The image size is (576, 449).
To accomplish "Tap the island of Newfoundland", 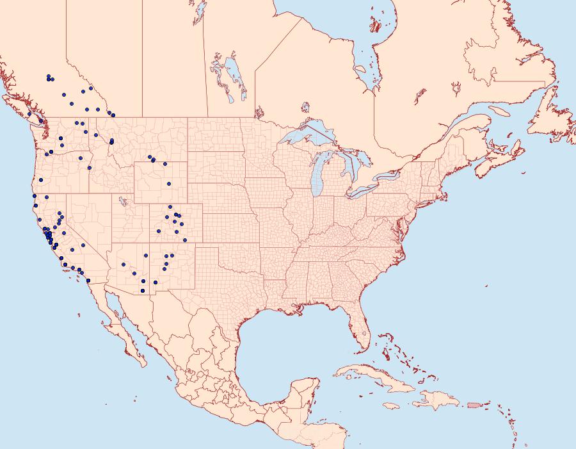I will click(x=550, y=115).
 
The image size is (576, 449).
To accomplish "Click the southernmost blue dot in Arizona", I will click(x=141, y=291).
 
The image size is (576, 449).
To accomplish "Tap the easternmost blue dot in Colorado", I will click(x=185, y=240).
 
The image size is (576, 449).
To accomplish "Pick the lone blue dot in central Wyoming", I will click(x=169, y=184).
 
